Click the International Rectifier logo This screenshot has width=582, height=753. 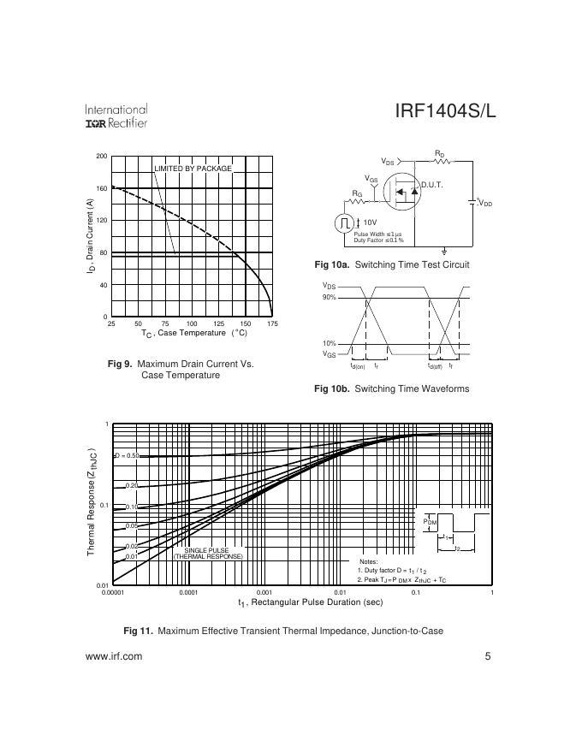coord(116,116)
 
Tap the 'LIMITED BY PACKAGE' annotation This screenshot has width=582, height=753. coord(193,169)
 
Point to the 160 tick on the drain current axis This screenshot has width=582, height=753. coord(102,188)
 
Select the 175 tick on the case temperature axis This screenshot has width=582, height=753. coord(272,324)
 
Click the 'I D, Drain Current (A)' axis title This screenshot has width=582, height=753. coord(90,236)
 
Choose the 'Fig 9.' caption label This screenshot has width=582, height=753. coord(120,364)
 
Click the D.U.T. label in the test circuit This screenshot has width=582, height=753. coord(431,185)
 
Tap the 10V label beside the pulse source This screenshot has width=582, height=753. coord(371,222)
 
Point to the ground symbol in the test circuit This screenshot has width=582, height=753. coord(444,252)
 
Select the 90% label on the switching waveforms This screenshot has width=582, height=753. coord(330,297)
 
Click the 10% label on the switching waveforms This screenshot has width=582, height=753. coord(330,343)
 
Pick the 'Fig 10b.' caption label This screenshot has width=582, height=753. coord(331,389)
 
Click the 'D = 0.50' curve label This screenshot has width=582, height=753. coord(126,455)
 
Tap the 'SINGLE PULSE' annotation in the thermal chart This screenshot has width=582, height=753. coord(208,550)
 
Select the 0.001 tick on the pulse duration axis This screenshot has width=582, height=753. coord(264,591)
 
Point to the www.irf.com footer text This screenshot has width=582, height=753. coord(114,656)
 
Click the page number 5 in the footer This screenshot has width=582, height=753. coord(487,656)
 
